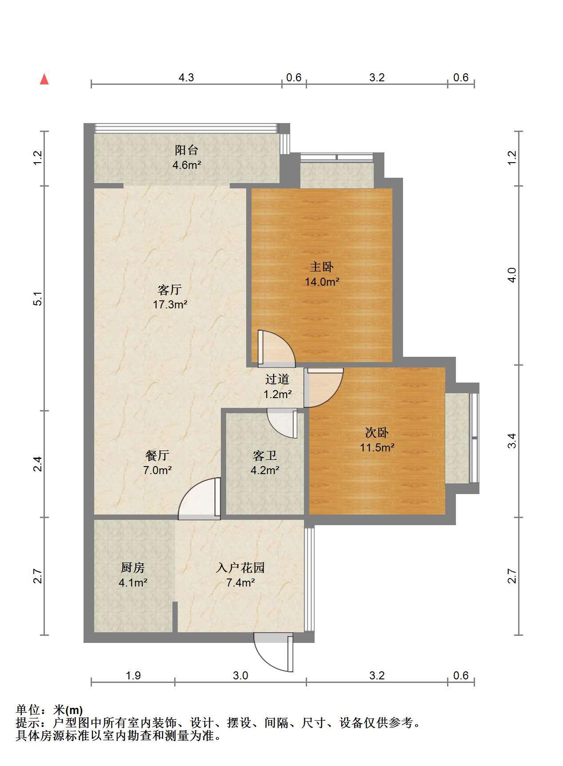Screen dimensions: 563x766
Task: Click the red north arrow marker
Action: click(44, 79)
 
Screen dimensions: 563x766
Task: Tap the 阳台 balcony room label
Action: click(186, 150)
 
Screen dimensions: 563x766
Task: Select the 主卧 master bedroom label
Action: click(322, 267)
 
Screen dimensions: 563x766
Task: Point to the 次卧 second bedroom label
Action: click(377, 432)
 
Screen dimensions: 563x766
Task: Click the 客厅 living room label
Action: click(170, 290)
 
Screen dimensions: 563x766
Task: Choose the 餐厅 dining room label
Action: click(157, 455)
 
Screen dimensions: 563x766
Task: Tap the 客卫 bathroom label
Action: click(265, 455)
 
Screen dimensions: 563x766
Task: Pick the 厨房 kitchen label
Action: click(133, 567)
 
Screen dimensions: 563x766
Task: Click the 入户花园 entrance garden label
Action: click(240, 567)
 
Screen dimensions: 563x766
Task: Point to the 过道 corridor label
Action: click(277, 379)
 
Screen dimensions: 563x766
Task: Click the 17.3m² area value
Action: click(170, 305)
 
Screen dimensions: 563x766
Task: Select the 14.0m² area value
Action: click(322, 282)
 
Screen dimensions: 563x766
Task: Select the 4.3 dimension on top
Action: click(186, 78)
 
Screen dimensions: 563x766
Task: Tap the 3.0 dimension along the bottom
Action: click(240, 676)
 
